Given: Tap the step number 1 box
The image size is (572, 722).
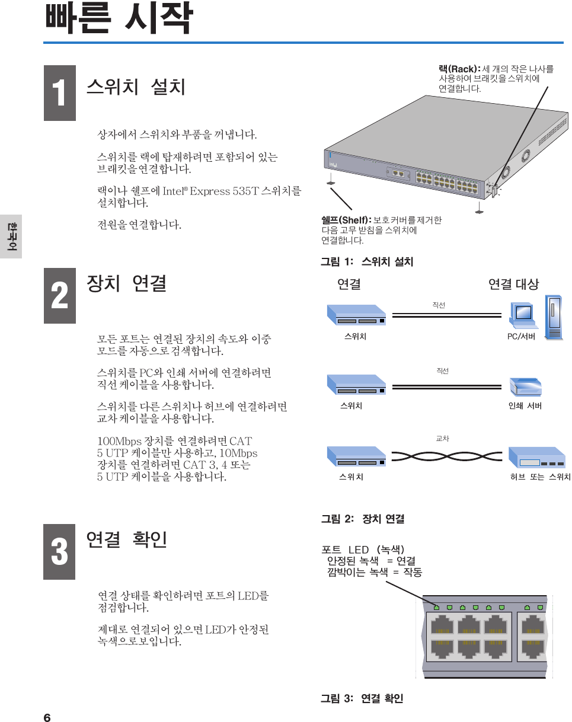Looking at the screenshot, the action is [x=59, y=93].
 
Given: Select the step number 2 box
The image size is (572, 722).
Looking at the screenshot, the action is [x=59, y=295].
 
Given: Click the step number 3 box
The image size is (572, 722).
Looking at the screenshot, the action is [x=59, y=551].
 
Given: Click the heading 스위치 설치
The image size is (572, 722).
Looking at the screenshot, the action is [x=136, y=87].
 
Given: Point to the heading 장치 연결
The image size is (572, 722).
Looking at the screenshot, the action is [x=126, y=283].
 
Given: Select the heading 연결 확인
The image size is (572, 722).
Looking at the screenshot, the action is [x=127, y=539].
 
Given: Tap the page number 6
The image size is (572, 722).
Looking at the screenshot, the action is [x=47, y=718].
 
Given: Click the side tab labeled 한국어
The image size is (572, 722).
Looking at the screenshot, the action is [x=11, y=236].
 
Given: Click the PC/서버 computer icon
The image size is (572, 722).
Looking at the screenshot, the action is [x=535, y=317].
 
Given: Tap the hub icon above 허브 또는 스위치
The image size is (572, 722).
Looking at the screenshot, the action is [x=537, y=457].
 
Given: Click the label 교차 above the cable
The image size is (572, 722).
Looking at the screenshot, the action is [x=442, y=439].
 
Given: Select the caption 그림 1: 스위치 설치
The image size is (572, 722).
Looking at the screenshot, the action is [x=367, y=261].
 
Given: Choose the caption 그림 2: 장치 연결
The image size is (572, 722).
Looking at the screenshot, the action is [x=363, y=519].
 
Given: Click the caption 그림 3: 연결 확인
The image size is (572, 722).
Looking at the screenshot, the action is [x=362, y=699].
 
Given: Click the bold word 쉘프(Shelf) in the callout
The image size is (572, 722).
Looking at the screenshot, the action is [x=346, y=221].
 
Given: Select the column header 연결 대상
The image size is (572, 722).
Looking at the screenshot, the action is [x=513, y=285].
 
